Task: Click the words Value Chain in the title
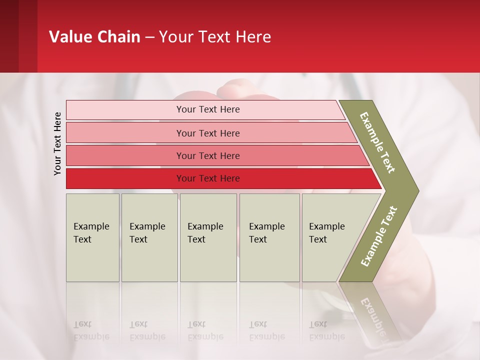click(x=94, y=37)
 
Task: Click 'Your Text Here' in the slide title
click(x=215, y=37)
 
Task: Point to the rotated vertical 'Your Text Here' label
click(x=57, y=143)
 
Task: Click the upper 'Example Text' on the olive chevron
click(x=377, y=142)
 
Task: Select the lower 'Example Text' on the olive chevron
click(x=379, y=236)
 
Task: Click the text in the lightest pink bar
click(x=208, y=109)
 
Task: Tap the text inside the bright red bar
click(x=208, y=178)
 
